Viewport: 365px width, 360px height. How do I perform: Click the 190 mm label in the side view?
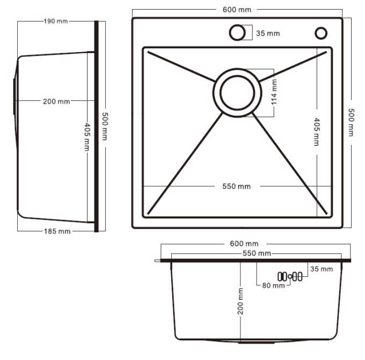(56, 21)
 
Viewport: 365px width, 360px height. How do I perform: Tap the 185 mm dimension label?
(57, 231)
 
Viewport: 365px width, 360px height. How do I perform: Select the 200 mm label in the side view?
(56, 101)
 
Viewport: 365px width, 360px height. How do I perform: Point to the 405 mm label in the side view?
(87, 137)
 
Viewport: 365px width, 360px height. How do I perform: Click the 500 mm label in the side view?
(105, 127)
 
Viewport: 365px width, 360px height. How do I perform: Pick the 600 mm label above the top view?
(237, 10)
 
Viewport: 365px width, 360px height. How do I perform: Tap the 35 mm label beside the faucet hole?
(268, 33)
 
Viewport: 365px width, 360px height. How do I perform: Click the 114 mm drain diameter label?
(274, 92)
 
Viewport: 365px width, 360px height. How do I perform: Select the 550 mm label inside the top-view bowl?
(237, 186)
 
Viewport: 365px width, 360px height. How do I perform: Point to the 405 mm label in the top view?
(317, 131)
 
